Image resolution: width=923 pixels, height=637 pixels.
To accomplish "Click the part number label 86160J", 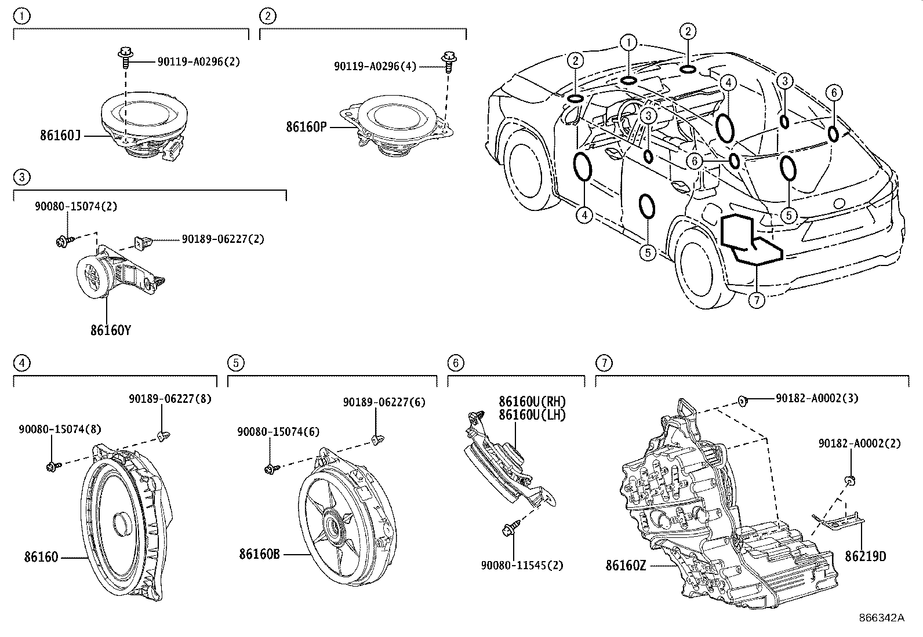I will (60, 136).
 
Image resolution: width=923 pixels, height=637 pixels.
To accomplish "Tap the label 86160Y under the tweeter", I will (110, 330).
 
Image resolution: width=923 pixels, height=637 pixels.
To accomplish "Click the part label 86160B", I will (259, 554).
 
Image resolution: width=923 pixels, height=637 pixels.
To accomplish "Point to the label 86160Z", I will (626, 565).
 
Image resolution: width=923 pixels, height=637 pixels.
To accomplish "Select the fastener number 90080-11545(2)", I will (522, 565).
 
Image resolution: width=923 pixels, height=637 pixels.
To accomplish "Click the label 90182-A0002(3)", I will (817, 398).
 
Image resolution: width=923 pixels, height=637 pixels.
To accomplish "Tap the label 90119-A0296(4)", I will (375, 66).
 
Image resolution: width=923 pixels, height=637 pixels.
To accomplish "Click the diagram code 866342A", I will (881, 618).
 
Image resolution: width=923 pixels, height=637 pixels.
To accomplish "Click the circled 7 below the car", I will (757, 300).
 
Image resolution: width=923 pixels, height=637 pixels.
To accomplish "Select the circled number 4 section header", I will (21, 363).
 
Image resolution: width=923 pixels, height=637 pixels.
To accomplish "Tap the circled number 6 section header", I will (456, 363).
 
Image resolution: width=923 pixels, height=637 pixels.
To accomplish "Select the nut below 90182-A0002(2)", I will (849, 479).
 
